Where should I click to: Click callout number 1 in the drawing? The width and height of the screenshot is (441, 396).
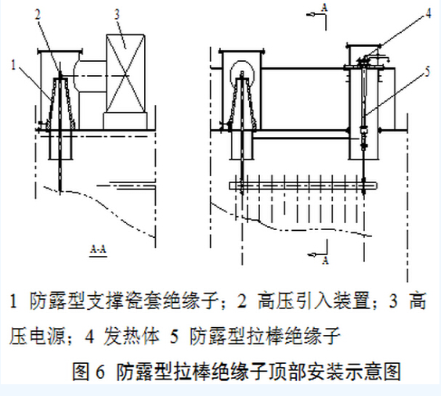click(13, 65)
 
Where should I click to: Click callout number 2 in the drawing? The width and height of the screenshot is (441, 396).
click(38, 15)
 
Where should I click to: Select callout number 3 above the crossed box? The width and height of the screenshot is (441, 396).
click(117, 14)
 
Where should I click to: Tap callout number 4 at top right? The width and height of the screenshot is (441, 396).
click(428, 13)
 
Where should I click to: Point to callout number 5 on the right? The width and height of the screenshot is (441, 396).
click(427, 71)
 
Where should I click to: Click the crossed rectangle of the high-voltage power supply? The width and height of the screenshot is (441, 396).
click(125, 74)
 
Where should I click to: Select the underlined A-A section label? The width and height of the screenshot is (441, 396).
click(98, 250)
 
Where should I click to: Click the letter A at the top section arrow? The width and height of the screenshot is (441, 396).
click(324, 8)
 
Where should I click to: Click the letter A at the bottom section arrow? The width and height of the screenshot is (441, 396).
click(325, 261)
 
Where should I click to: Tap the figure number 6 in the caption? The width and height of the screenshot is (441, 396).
click(100, 372)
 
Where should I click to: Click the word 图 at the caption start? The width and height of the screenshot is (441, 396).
click(81, 372)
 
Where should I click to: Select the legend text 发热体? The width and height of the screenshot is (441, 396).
click(132, 336)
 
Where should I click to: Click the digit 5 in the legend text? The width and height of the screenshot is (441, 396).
click(175, 337)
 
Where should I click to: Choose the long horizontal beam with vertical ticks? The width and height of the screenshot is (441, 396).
click(303, 185)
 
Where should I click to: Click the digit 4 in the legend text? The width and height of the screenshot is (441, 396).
click(89, 337)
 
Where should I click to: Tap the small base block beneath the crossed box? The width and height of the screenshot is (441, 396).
click(125, 121)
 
